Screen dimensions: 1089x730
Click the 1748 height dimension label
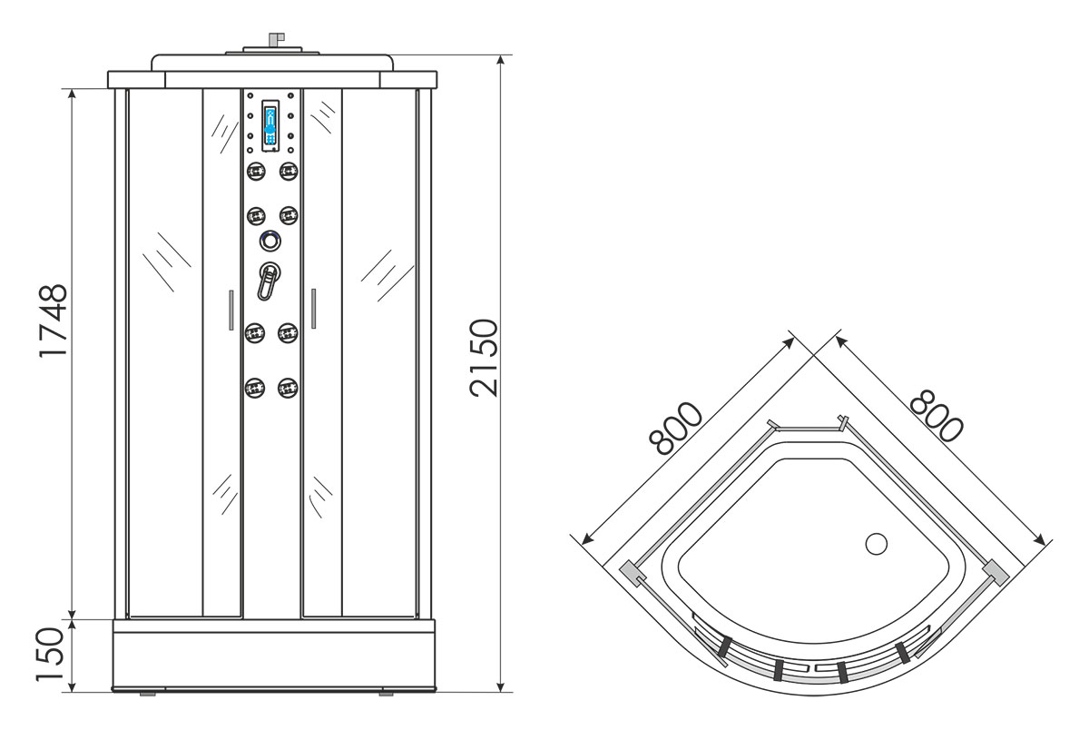click(x=53, y=321)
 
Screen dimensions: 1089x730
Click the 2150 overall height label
click(x=485, y=358)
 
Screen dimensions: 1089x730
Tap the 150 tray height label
click(x=51, y=654)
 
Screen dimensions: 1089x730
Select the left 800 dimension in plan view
click(x=676, y=429)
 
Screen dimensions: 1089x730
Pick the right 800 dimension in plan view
click(x=936, y=416)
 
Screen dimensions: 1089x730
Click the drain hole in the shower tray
click(x=877, y=544)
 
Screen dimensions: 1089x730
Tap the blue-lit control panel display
click(x=270, y=126)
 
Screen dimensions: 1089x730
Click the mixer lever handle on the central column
click(x=268, y=281)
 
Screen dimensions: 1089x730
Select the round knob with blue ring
click(x=270, y=241)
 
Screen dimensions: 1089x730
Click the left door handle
click(x=231, y=310)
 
